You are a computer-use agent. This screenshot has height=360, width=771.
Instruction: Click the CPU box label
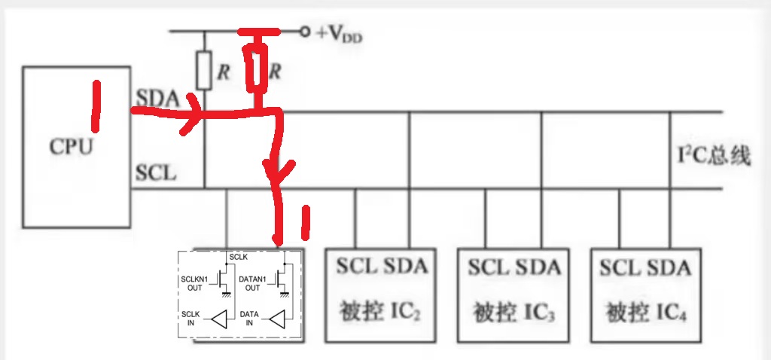coord(72,145)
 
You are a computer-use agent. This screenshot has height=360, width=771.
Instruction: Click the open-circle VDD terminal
coord(305,32)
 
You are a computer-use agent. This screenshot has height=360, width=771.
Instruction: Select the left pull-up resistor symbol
coord(204,72)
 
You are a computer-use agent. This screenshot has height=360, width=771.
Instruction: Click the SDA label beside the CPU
coord(158,99)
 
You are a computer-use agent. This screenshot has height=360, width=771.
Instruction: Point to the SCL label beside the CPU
coord(157,172)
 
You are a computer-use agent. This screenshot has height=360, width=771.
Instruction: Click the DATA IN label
coord(249,318)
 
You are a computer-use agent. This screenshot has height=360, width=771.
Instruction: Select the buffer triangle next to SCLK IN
coord(218,319)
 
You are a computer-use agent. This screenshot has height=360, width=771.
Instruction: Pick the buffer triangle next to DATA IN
coord(277,319)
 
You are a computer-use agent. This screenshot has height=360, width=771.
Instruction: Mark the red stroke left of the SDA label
coord(96,105)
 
